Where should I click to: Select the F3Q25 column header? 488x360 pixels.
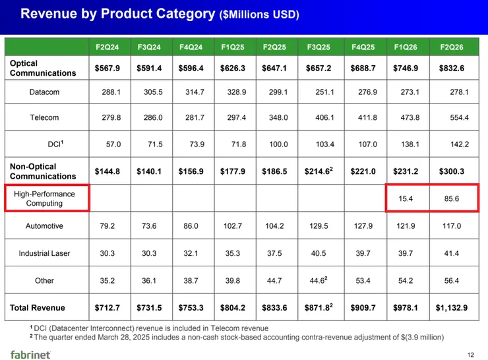click(x=319, y=47)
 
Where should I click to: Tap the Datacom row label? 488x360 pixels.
click(x=44, y=92)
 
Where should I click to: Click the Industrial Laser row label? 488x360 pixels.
click(x=44, y=254)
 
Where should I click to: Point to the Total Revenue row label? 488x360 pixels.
click(x=38, y=307)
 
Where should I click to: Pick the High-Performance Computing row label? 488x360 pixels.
click(x=44, y=198)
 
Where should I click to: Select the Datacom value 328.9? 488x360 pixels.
click(x=233, y=92)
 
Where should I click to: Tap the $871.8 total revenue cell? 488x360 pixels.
click(x=319, y=308)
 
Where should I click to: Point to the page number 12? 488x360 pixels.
click(x=471, y=355)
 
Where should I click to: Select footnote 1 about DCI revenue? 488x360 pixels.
click(x=149, y=328)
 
